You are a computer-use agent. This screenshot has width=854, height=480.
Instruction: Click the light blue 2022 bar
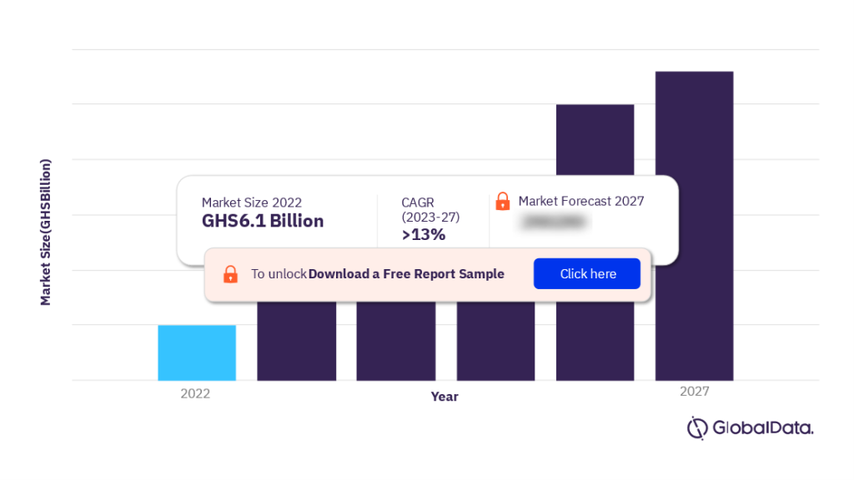(197, 352)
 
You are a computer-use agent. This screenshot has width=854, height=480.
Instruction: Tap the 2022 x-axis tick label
(195, 393)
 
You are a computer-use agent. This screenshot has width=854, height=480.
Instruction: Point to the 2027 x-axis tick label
(694, 392)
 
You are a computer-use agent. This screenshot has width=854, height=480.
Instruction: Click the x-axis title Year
(445, 397)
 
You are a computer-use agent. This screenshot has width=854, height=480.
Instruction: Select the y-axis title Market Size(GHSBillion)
(46, 232)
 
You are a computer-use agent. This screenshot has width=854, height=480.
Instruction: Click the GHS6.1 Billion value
(263, 221)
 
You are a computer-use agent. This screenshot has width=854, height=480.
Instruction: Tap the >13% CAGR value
(424, 234)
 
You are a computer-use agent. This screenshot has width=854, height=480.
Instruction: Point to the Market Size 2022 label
(252, 202)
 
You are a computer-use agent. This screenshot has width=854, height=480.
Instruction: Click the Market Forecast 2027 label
(581, 201)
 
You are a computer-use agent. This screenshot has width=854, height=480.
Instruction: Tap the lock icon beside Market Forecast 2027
(503, 201)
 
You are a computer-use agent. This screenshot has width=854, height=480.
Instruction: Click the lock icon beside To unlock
(231, 274)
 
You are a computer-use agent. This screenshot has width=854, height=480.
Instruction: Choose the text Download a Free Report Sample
(406, 274)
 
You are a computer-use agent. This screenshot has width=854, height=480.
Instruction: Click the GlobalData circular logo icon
(697, 427)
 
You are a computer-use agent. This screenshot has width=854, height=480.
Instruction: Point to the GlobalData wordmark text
(762, 428)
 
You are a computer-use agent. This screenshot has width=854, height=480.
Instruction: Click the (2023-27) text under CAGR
(430, 217)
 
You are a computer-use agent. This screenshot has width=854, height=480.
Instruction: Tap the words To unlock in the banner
(279, 274)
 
